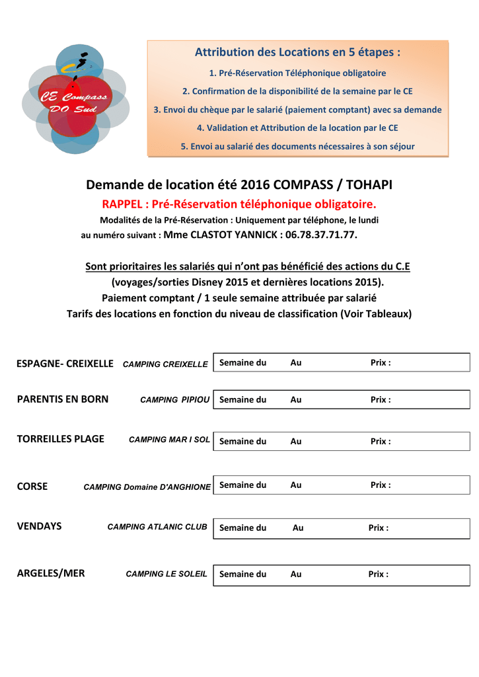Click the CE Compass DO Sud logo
[75, 100]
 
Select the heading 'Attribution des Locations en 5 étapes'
[297, 52]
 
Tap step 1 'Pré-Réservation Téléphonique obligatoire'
[297, 73]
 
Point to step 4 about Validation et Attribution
[297, 128]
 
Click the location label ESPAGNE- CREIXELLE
[65, 363]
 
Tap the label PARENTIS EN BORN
[63, 399]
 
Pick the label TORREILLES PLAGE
[60, 439]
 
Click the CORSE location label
[32, 486]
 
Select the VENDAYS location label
[39, 526]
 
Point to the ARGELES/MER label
[51, 573]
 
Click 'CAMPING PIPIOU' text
[174, 400]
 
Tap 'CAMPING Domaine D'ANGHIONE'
[147, 487]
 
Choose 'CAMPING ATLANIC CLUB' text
[157, 527]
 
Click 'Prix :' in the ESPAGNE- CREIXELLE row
[380, 363]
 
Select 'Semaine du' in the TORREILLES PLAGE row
[242, 441]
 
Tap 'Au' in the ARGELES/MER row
[296, 574]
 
